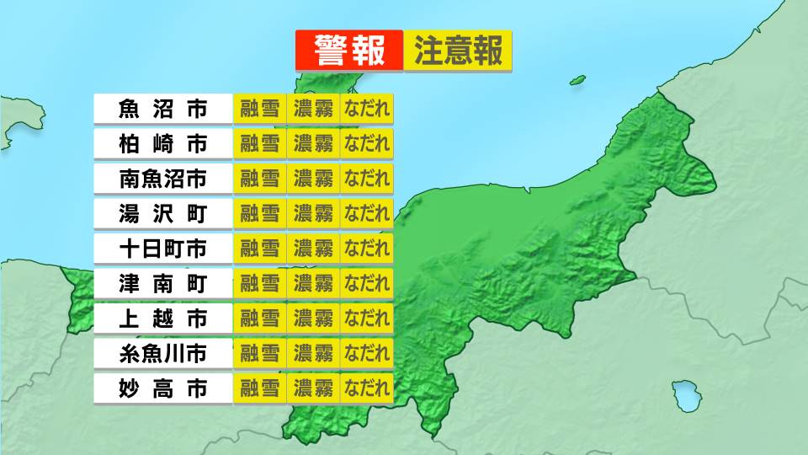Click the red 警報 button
pyautogui.click(x=349, y=51)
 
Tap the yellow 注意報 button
pyautogui.click(x=458, y=51)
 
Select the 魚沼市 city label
pyautogui.click(x=162, y=109)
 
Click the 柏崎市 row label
pyautogui.click(x=162, y=143)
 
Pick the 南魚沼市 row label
pyautogui.click(x=162, y=179)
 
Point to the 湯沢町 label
pyautogui.click(x=162, y=213)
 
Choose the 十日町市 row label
pyautogui.click(x=162, y=249)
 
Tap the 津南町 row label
pyautogui.click(x=162, y=283)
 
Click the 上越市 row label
pyautogui.click(x=162, y=318)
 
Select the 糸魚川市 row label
pyautogui.click(x=162, y=353)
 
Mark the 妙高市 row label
pyautogui.click(x=162, y=388)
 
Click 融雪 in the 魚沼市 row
pyautogui.click(x=259, y=109)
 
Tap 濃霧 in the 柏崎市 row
pyautogui.click(x=313, y=143)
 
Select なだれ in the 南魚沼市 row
pyautogui.click(x=367, y=179)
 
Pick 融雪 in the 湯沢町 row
pyautogui.click(x=259, y=213)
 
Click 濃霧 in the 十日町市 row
pyautogui.click(x=313, y=249)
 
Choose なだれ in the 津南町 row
pyautogui.click(x=367, y=283)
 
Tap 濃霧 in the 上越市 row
pyautogui.click(x=313, y=318)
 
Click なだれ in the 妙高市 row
pyautogui.click(x=367, y=388)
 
